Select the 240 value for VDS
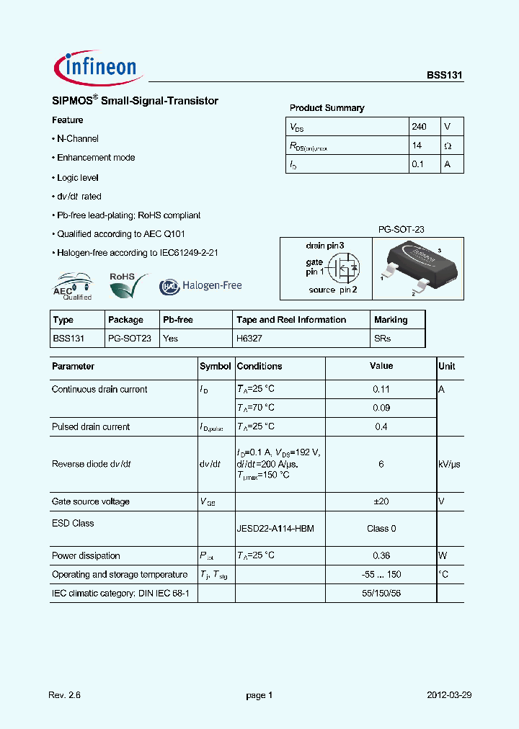click(419, 127)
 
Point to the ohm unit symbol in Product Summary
click(448, 146)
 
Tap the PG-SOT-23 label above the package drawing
click(402, 229)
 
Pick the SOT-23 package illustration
click(417, 267)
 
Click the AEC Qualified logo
click(73, 286)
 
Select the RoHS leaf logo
click(127, 286)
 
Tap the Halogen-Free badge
click(200, 286)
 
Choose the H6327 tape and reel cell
click(251, 338)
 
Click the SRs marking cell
click(382, 338)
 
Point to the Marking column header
click(391, 320)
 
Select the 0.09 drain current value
click(381, 408)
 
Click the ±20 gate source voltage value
click(381, 501)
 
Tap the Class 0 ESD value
click(381, 529)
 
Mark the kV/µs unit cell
click(449, 465)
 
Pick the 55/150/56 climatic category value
click(381, 593)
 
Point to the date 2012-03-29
click(448, 695)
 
